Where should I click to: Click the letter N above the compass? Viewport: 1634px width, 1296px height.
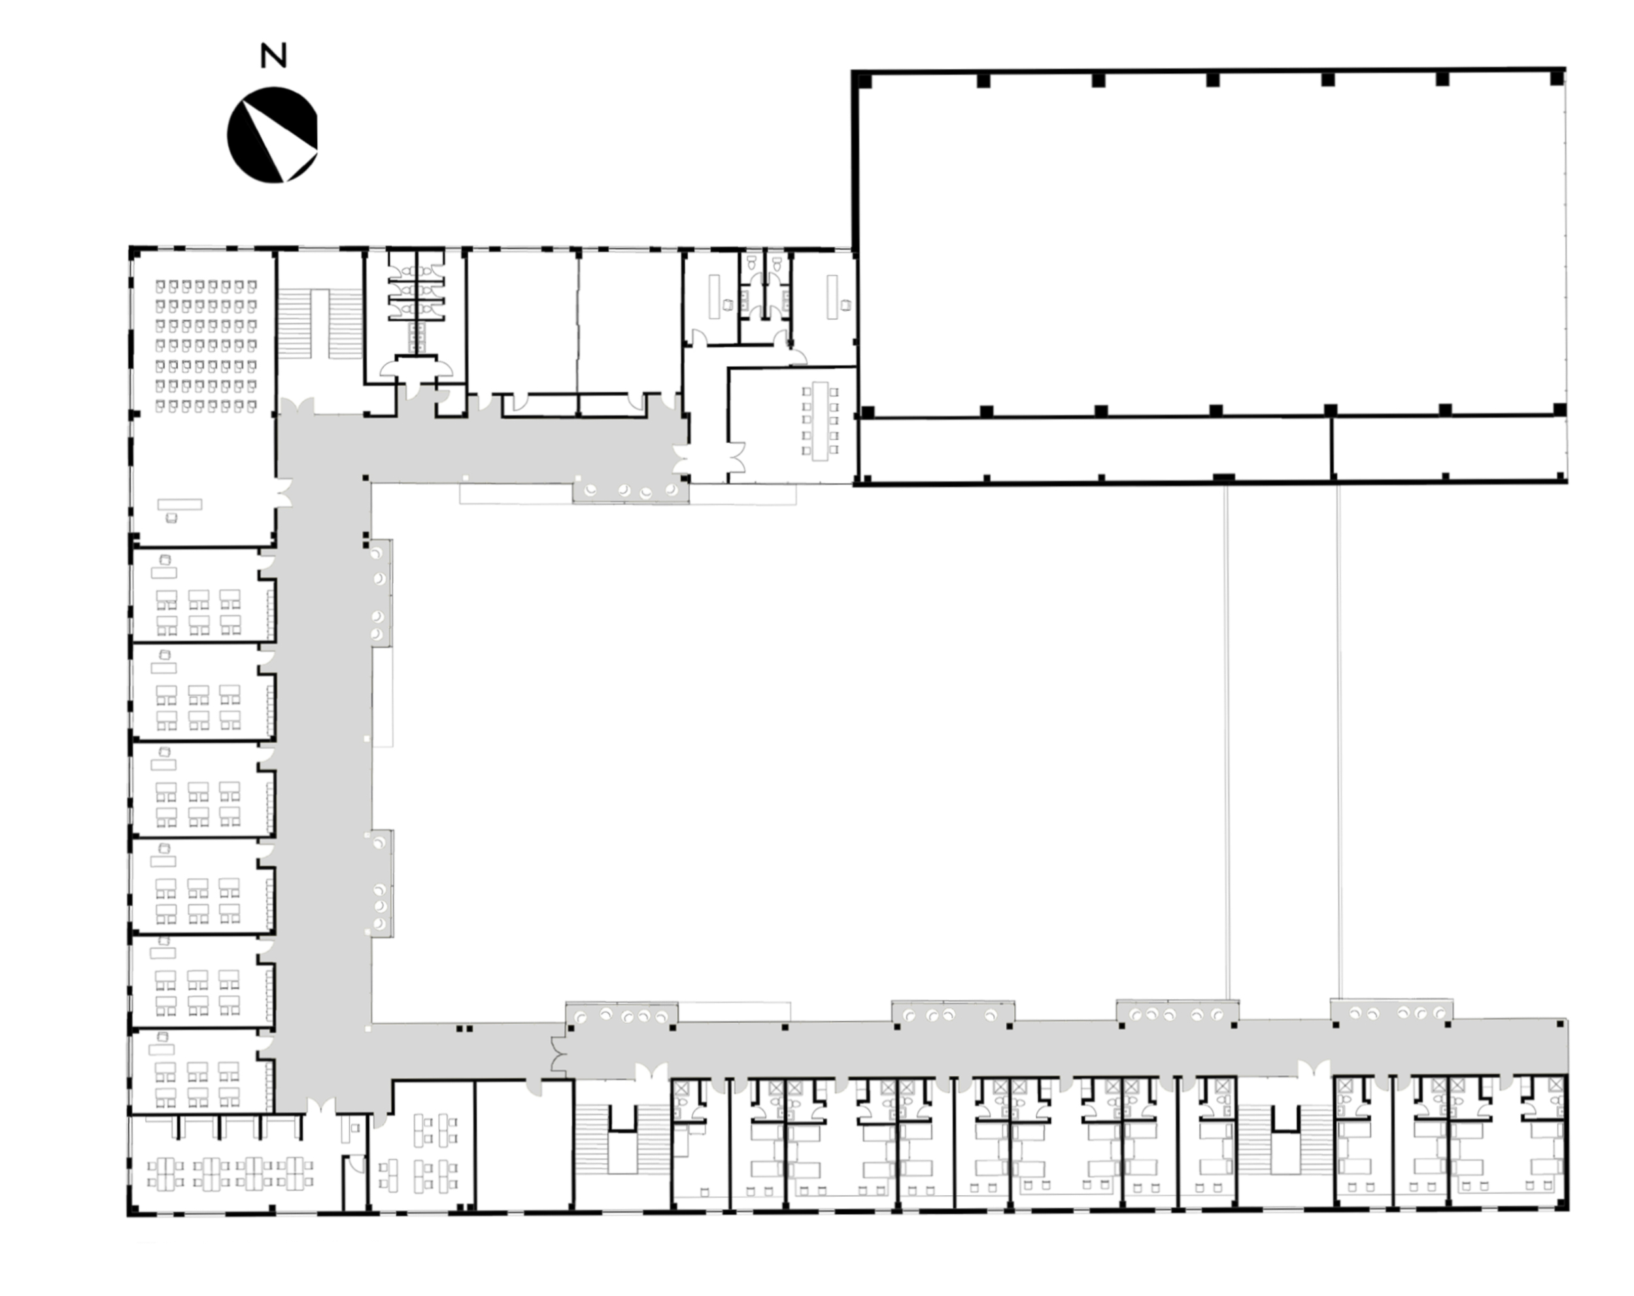coord(273,56)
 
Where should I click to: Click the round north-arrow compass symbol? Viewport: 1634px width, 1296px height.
coord(272,135)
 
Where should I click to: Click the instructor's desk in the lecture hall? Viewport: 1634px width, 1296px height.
coord(180,504)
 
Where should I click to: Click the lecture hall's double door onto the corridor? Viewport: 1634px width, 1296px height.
coord(282,492)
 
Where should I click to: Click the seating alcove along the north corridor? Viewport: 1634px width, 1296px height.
coord(630,490)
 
